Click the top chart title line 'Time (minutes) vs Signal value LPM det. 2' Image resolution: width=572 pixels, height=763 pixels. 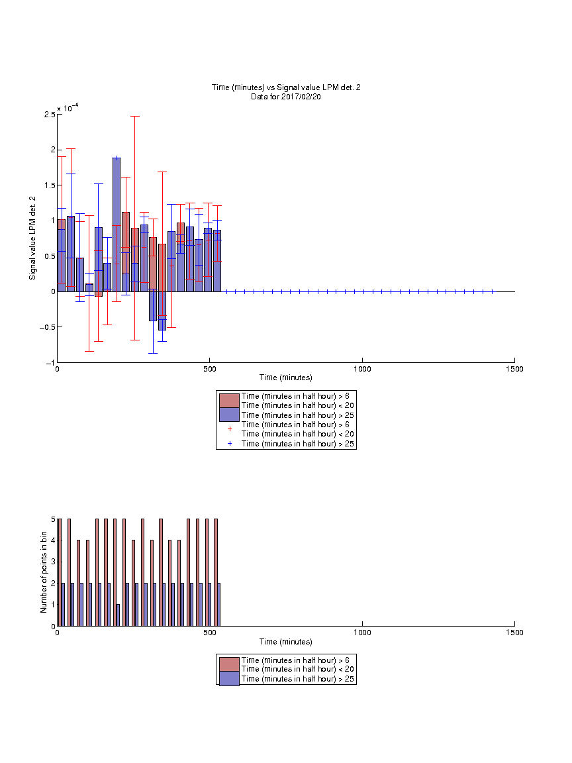[286, 87]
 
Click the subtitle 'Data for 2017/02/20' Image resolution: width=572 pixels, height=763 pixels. [286, 97]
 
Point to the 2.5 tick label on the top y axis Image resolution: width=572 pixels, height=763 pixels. [50, 115]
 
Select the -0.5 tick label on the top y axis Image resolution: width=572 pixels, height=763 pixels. [48, 327]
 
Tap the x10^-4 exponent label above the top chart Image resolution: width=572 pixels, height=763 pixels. [68, 107]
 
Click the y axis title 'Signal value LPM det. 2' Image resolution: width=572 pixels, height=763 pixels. [32, 238]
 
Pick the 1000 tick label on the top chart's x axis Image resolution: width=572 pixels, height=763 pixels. [362, 369]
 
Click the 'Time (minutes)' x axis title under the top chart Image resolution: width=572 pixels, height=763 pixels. [286, 378]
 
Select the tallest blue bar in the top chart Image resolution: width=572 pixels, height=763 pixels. [117, 225]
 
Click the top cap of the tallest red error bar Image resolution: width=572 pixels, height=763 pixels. [135, 117]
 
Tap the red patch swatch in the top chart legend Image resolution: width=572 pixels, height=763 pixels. [229, 401]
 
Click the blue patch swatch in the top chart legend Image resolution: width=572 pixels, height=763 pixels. [229, 415]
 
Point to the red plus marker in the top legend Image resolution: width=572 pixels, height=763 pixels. [230, 429]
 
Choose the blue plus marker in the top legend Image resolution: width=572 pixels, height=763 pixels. [230, 444]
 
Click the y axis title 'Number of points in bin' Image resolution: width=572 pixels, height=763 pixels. [44, 572]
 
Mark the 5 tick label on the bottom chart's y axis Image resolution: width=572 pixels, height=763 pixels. [53, 519]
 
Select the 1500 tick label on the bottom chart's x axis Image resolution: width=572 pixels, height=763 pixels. [514, 633]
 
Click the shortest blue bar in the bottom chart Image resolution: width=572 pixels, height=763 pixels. [119, 615]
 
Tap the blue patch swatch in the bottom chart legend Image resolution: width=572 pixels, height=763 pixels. [229, 678]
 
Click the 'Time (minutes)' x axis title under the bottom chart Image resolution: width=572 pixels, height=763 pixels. [286, 642]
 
